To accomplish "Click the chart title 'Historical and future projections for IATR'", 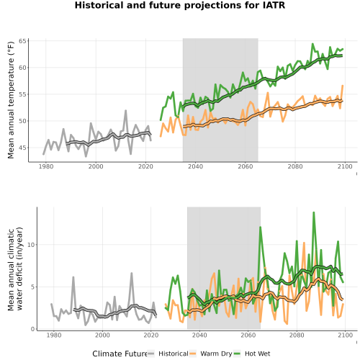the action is coord(180,5).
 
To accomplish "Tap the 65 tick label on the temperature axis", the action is coord(22,41).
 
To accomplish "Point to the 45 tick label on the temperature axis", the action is coord(22,148).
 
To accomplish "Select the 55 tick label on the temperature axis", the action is coord(22,94).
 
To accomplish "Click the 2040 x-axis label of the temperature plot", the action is coord(195,166).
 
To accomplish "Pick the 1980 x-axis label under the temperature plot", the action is coord(46,166).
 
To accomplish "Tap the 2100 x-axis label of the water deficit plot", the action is coord(345,335).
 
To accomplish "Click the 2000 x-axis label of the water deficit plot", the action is coord(102,335).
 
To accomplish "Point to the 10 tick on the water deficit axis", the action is coord(31,245).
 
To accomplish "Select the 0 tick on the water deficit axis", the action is coord(32,329).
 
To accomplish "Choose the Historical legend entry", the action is coord(168,354).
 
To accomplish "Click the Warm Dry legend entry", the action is coord(211,354).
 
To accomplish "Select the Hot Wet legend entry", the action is coord(252,354).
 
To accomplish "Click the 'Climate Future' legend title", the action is coord(120,354).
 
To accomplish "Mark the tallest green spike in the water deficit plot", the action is coord(313,212).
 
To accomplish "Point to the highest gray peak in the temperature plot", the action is coord(125,111).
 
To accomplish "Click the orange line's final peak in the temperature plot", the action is coord(343,86).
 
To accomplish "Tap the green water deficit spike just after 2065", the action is coord(260,227).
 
